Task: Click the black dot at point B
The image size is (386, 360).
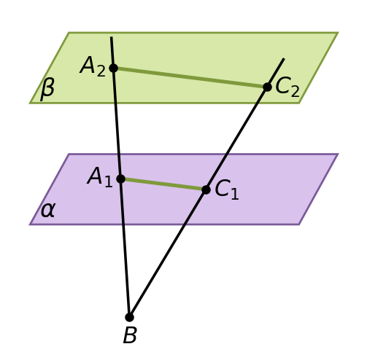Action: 129,317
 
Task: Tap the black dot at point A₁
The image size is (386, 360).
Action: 120,179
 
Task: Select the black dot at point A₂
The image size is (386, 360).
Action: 113,68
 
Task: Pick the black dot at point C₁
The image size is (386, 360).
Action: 206,189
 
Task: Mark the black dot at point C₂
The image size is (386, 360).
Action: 267,87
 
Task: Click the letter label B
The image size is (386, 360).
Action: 130,335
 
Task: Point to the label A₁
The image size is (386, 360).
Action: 100,176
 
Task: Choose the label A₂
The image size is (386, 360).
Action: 93,66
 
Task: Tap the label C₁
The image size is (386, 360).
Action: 227,189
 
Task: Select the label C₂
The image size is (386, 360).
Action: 287,87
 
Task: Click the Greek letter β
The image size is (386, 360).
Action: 47,90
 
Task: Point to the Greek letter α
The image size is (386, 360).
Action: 47,211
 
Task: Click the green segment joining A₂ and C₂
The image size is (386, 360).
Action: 190,77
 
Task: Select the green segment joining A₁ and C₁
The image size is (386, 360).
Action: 163,184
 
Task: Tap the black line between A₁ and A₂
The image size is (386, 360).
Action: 117,123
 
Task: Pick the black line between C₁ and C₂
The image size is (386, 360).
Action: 236,138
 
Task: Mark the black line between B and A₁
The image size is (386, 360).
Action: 125,248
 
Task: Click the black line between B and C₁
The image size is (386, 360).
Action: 168,254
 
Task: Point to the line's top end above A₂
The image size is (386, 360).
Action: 112,37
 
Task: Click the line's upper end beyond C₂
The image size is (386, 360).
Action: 284,58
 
